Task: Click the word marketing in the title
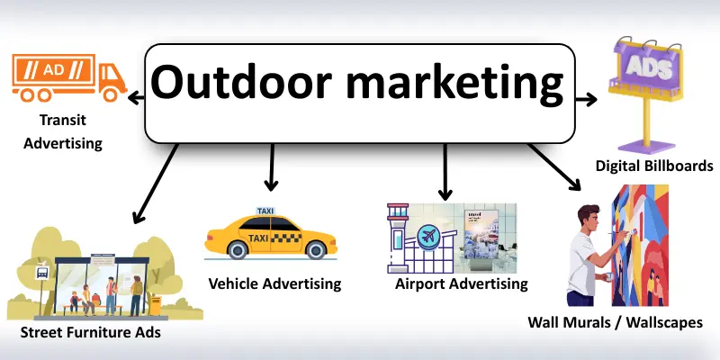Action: point(447,86)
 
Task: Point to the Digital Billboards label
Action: point(654,166)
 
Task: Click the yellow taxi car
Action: point(269,237)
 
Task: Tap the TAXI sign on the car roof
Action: point(266,211)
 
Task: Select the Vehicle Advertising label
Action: point(274,283)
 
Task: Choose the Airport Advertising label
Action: point(461,283)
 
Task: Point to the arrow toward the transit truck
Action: point(138,95)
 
